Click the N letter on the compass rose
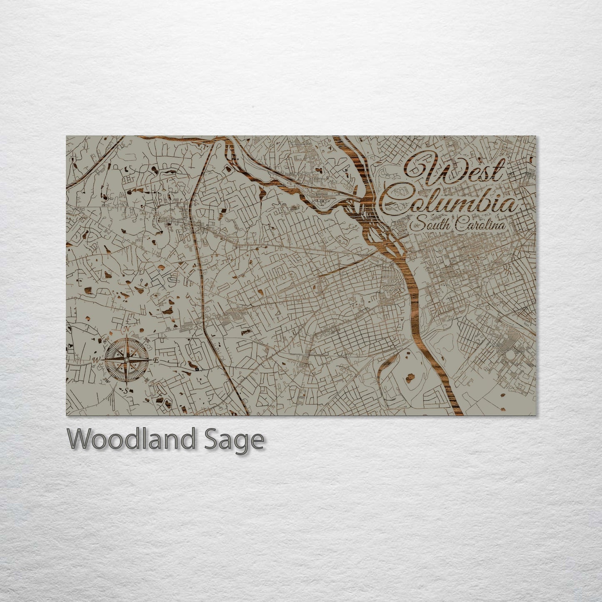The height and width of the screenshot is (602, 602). click(126, 330)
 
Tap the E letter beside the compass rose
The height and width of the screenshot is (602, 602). click(156, 360)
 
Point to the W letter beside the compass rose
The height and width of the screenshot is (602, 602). click(96, 360)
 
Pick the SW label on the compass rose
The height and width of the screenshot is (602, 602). click(107, 380)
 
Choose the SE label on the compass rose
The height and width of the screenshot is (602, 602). click(147, 380)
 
